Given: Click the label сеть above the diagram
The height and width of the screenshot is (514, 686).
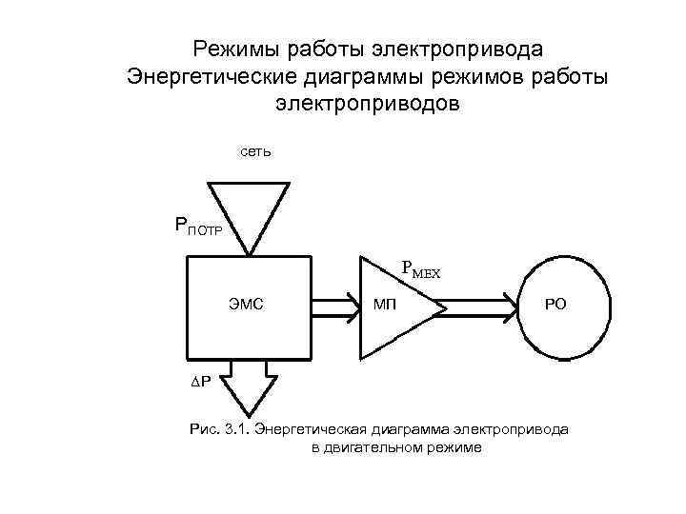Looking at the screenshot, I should (x=256, y=151).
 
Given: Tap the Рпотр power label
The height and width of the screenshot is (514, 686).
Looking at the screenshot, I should (x=198, y=227).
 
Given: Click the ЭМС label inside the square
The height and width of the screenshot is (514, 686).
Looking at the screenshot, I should (x=246, y=305).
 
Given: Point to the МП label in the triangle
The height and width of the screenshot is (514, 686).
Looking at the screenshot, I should (x=386, y=305).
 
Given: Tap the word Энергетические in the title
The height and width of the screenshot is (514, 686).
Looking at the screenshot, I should (x=217, y=75).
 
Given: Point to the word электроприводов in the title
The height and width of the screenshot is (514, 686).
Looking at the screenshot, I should (x=368, y=102).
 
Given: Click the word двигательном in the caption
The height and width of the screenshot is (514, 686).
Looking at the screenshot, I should (x=382, y=447).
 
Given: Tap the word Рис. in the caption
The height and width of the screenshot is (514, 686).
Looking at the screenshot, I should (x=205, y=430).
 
